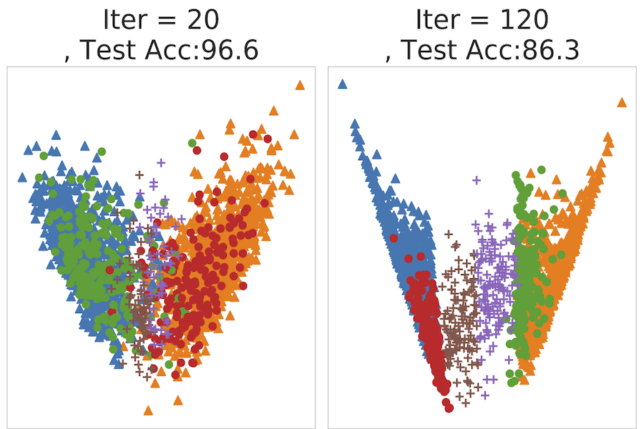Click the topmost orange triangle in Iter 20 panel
pyautogui.click(x=300, y=86)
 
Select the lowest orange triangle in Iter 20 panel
pyautogui.click(x=148, y=410)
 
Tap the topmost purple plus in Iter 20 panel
pyautogui.click(x=161, y=162)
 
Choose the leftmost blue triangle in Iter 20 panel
pyautogui.click(x=21, y=176)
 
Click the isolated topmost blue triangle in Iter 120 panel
pyautogui.click(x=342, y=84)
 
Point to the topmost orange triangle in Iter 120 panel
pyautogui.click(x=622, y=102)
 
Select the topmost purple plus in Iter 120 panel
pyautogui.click(x=476, y=180)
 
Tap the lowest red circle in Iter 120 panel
pyautogui.click(x=449, y=408)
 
